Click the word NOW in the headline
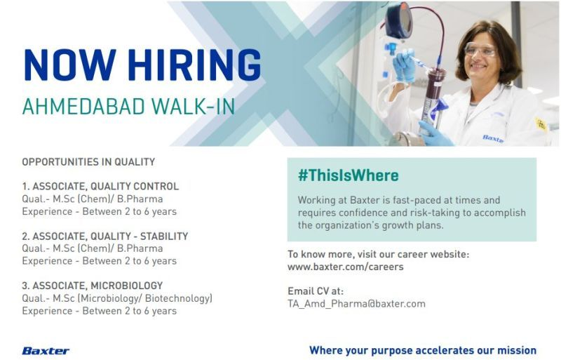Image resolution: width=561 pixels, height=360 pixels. tap(70, 65)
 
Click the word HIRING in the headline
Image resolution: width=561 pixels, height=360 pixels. tap(194, 65)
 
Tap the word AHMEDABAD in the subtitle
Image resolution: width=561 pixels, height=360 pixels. tap(83, 107)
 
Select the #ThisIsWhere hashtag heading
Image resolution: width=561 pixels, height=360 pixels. tap(348, 175)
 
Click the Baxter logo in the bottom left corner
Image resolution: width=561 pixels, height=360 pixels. tap(46, 351)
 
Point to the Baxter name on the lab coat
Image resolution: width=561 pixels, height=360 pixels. tap(493, 139)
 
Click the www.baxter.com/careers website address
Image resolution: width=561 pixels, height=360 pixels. tap(345, 267)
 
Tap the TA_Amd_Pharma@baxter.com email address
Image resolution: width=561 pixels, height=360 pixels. tap(356, 304)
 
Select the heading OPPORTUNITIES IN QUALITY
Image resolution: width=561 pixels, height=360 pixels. tap(88, 162)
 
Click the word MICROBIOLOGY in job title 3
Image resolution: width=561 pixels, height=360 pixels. tap(127, 286)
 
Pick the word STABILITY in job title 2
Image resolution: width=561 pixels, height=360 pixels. tap(164, 236)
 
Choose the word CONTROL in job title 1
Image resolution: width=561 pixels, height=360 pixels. tap(156, 186)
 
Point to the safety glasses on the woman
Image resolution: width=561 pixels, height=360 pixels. tap(480, 49)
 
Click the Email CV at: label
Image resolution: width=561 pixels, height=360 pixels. tap(316, 291)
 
